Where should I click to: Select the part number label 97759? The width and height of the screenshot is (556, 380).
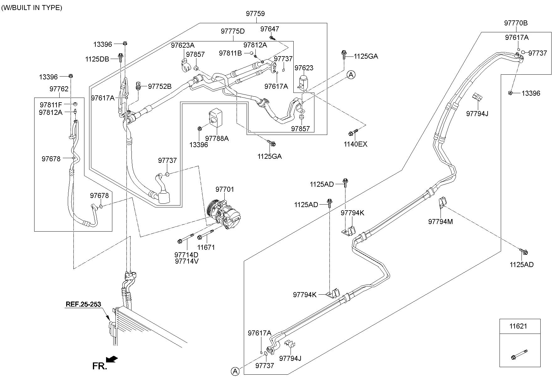[255, 14]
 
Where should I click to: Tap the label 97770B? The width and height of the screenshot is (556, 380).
[516, 23]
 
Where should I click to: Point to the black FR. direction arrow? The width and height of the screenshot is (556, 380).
[112, 359]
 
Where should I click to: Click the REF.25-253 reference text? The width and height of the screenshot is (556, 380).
[83, 304]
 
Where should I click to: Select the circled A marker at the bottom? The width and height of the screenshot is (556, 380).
[235, 371]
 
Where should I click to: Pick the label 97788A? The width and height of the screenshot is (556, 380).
[217, 138]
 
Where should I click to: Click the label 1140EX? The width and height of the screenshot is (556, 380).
[355, 144]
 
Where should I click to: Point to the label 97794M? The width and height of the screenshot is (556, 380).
[441, 222]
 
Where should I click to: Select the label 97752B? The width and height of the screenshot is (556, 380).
[160, 86]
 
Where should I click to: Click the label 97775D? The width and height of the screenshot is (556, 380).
[233, 31]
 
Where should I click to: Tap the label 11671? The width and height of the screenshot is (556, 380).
[206, 247]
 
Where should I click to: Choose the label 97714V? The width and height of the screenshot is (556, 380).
[187, 261]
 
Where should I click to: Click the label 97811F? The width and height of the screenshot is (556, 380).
[51, 104]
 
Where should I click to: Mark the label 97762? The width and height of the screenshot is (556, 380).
[59, 89]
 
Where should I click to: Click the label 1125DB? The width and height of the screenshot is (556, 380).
[97, 59]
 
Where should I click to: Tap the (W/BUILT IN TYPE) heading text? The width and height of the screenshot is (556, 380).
[32, 8]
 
